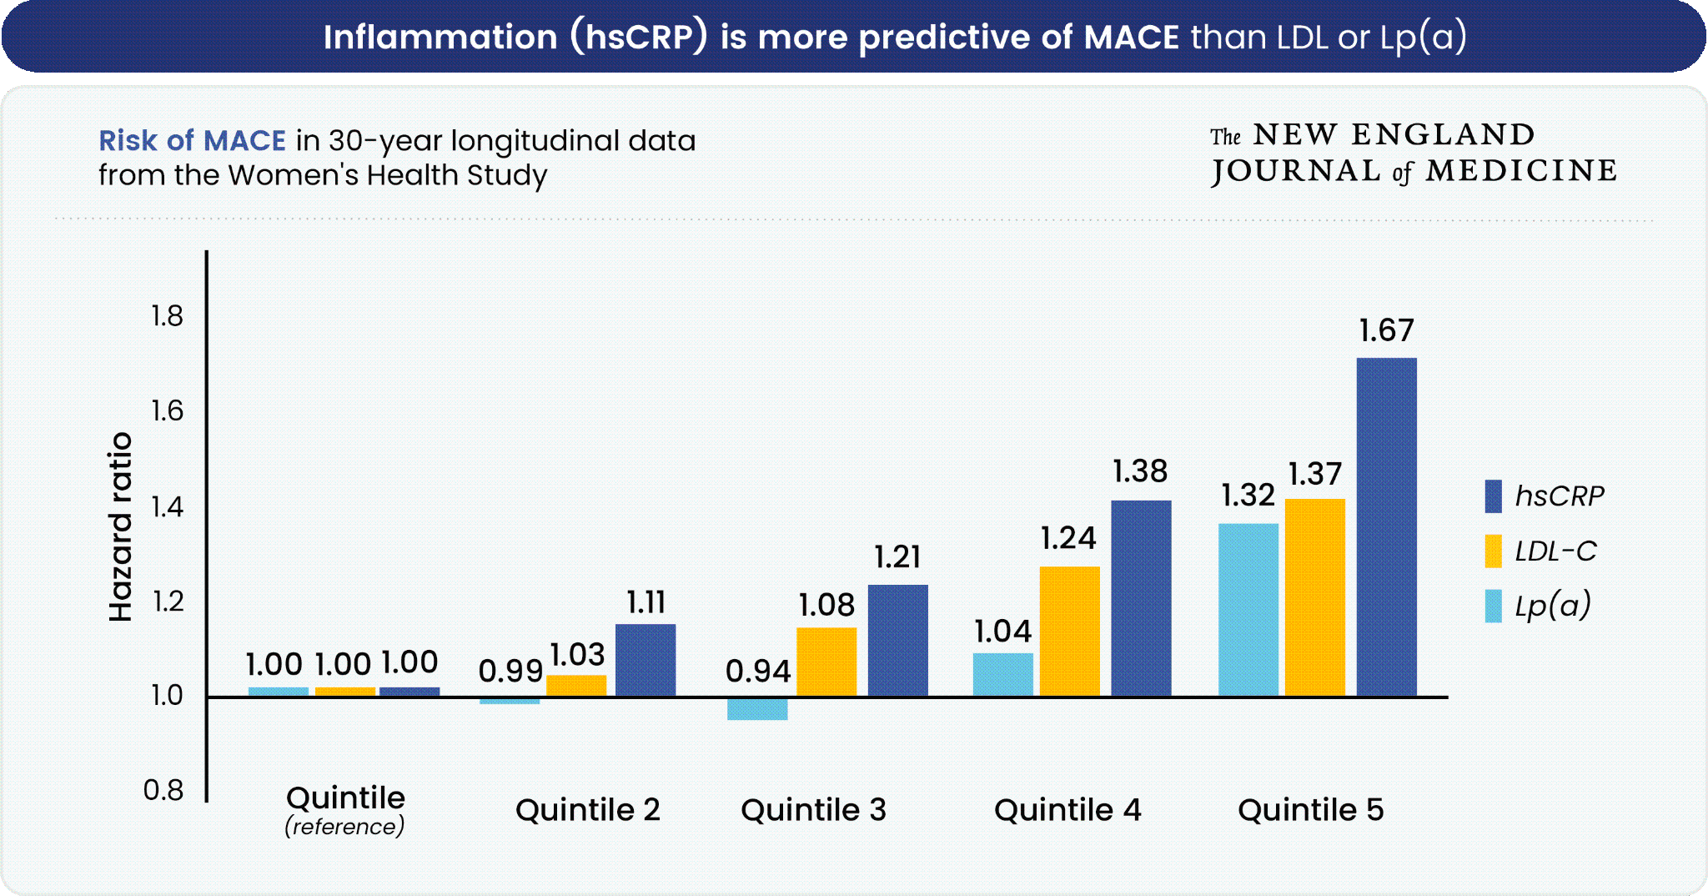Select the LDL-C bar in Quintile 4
(x=1069, y=631)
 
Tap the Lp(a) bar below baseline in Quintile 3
(x=757, y=708)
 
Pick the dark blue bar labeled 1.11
(x=646, y=660)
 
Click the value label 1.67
(x=1386, y=331)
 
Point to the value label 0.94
(x=757, y=672)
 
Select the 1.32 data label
(x=1248, y=496)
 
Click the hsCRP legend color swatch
(x=1493, y=496)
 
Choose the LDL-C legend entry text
(x=1555, y=551)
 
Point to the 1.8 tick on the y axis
(x=167, y=316)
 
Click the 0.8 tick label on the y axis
(x=163, y=790)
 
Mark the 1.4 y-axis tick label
(x=167, y=506)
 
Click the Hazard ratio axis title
(x=121, y=527)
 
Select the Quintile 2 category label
(x=588, y=810)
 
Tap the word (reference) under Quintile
(x=344, y=827)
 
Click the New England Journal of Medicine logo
(x=1413, y=154)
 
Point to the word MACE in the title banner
(x=1131, y=38)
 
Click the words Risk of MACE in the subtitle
(x=193, y=141)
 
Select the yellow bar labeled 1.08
(x=826, y=662)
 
